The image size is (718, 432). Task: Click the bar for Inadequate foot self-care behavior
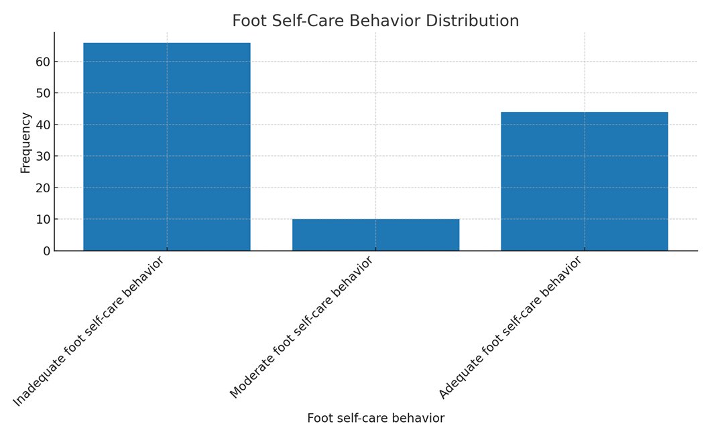tap(166, 147)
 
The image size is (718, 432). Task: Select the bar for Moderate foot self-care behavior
tap(375, 234)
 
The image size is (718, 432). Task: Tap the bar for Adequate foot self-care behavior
tap(584, 181)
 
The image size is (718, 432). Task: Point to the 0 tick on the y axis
tap(46, 251)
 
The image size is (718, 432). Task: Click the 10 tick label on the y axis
tap(42, 220)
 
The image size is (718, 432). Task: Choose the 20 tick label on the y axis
tap(42, 188)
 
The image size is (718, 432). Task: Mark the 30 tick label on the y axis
tap(42, 157)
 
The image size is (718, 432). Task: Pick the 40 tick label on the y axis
tap(42, 125)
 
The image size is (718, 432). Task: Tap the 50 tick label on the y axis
tap(42, 93)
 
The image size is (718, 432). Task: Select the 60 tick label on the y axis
tap(42, 62)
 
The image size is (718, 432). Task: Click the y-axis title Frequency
tap(25, 143)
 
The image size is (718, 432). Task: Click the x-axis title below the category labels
tap(375, 419)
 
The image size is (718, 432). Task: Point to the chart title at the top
tap(375, 21)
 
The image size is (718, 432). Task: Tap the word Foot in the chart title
tap(247, 21)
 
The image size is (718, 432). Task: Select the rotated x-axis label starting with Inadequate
tap(88, 331)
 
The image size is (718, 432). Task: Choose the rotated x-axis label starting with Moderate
tap(301, 328)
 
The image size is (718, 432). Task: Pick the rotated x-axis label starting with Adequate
tap(510, 328)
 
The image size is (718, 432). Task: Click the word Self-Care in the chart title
tap(302, 21)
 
